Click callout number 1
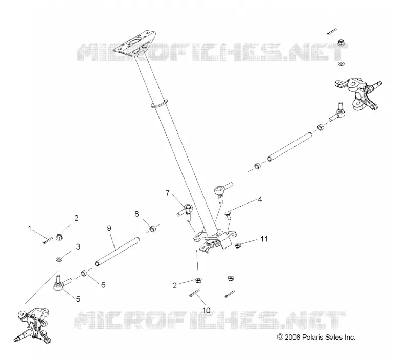coord(30,228)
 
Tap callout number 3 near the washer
coord(78,246)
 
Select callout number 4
coord(260,199)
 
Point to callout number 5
coord(78,299)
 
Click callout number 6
coord(103,285)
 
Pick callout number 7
coord(168,193)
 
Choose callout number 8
coord(137,214)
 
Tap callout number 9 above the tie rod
coord(109,228)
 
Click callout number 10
coord(206,310)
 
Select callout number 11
coord(264,239)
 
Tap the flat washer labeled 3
coord(59,259)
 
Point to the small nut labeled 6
coord(84,274)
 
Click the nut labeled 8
coord(152,229)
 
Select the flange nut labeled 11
coord(238,245)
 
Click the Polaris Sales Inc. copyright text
coord(316,337)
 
